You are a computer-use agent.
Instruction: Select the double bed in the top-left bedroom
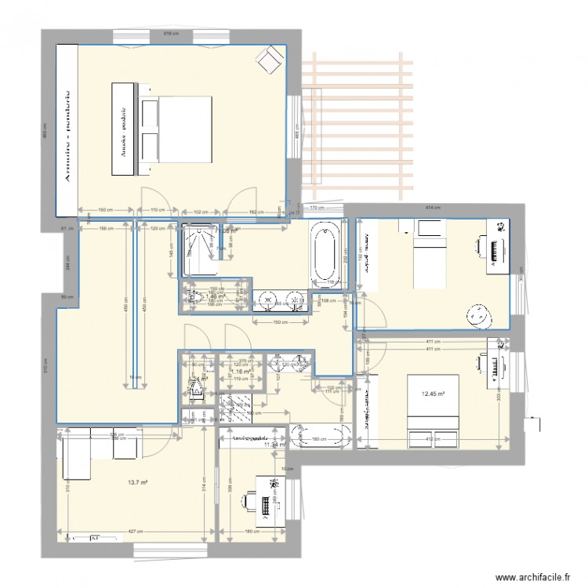click(x=176, y=129)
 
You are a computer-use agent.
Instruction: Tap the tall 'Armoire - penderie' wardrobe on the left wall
click(x=67, y=129)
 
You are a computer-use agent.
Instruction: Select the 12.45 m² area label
click(x=434, y=394)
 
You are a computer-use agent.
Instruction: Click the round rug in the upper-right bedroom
click(x=477, y=315)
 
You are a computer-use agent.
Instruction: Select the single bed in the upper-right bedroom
click(x=428, y=255)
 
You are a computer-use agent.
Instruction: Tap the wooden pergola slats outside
click(x=359, y=125)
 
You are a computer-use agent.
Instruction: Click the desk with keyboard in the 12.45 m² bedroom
click(x=495, y=365)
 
